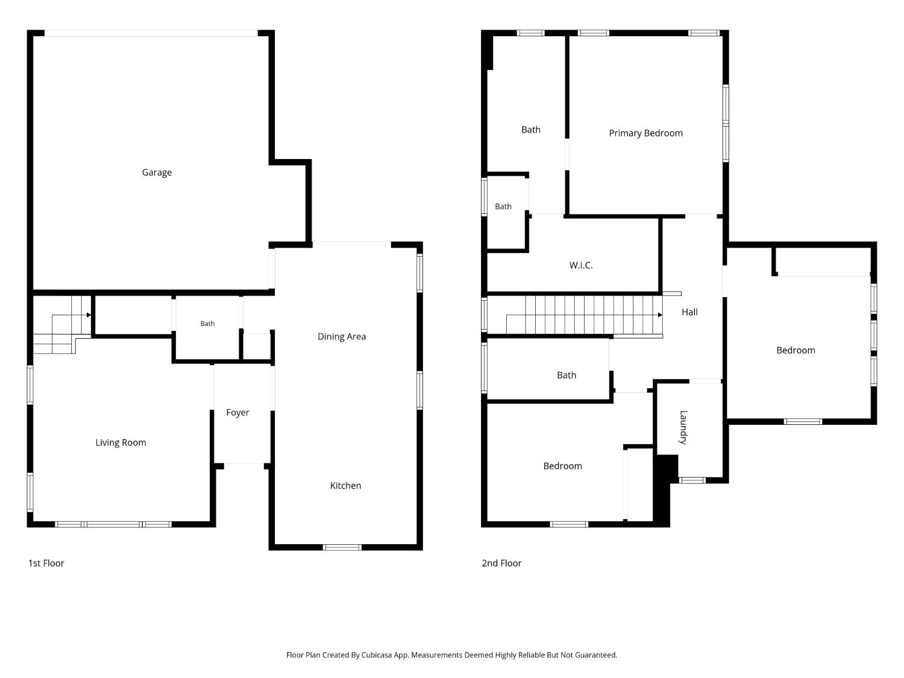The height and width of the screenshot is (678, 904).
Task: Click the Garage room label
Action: (x=157, y=172)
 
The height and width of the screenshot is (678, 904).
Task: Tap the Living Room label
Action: (x=121, y=442)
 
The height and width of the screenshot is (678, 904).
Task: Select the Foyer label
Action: (x=237, y=412)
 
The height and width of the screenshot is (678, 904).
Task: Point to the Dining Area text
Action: (x=342, y=337)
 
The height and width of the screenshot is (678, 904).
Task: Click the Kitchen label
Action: (x=345, y=486)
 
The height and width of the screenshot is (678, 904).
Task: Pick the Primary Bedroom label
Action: (x=646, y=133)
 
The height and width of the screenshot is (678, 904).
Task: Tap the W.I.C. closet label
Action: (x=581, y=266)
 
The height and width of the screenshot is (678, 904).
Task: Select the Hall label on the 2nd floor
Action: (x=689, y=312)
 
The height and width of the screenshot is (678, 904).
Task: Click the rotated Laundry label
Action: (x=683, y=427)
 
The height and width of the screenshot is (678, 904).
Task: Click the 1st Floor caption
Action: (x=46, y=563)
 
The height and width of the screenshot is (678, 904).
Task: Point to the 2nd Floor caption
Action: (x=501, y=563)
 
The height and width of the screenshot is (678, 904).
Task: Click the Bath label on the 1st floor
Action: (x=207, y=324)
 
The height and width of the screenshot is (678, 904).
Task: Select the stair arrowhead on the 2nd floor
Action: (x=660, y=315)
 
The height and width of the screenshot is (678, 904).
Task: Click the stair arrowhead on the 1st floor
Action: (x=89, y=315)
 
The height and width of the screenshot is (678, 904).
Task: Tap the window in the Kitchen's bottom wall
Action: (x=342, y=547)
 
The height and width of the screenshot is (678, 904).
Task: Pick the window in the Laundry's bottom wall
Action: (x=692, y=480)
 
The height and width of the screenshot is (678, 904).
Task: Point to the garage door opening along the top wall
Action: (x=151, y=33)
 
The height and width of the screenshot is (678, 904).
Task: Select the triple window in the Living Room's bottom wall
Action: (x=113, y=524)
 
